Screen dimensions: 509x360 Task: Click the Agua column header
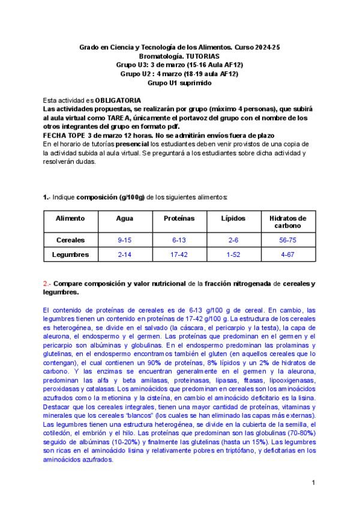tap(124, 218)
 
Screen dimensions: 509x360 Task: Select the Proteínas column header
tap(179, 218)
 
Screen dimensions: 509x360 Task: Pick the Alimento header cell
tap(70, 218)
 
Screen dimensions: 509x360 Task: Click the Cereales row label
tap(70, 240)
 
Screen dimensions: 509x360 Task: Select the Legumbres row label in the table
tap(70, 254)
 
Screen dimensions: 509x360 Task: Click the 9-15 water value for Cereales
tap(124, 240)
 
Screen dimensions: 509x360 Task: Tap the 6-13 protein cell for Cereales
tap(179, 240)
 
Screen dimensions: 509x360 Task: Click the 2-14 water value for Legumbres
tap(124, 254)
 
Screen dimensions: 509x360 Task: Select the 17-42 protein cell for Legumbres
tap(179, 254)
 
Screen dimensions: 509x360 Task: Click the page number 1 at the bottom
tap(314, 483)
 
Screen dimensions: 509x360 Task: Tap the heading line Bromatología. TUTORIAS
tap(179, 55)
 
